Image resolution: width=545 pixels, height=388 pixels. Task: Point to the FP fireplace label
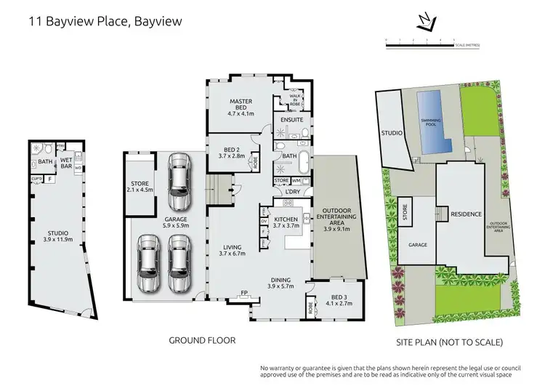point(245,294)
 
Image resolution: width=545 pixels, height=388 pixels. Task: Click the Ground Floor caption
point(201,340)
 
